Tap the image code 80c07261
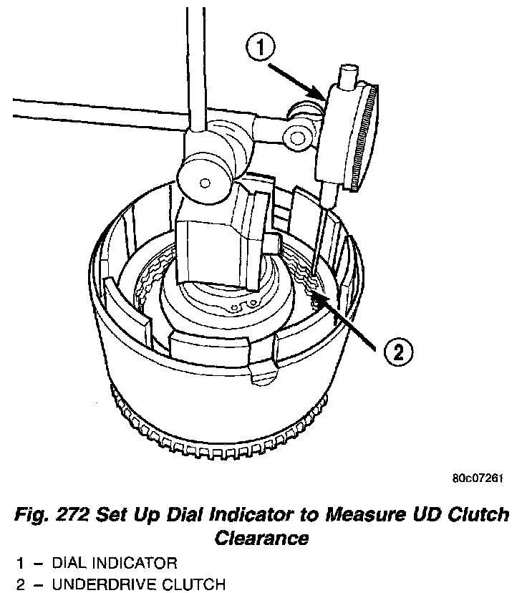pyautogui.click(x=477, y=479)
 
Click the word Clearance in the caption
pyautogui.click(x=263, y=537)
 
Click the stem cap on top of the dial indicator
pyautogui.click(x=349, y=74)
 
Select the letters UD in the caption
pyautogui.click(x=439, y=515)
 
